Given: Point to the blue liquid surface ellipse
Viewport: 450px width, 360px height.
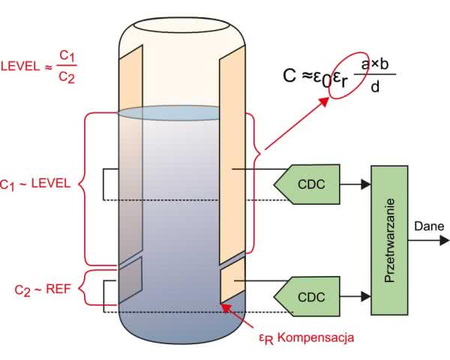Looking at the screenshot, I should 179,113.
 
